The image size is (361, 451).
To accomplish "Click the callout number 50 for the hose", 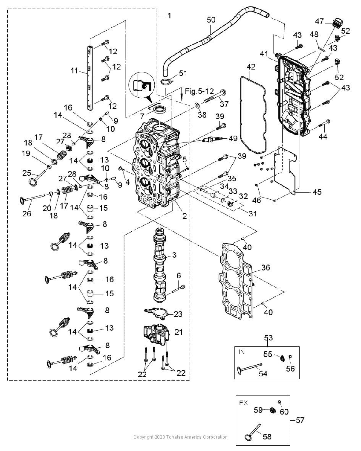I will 211,20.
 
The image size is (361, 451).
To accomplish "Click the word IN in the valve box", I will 241,352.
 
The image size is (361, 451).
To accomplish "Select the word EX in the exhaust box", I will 243,403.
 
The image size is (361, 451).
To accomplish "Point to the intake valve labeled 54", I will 249,367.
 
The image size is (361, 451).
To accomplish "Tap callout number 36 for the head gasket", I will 266,267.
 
